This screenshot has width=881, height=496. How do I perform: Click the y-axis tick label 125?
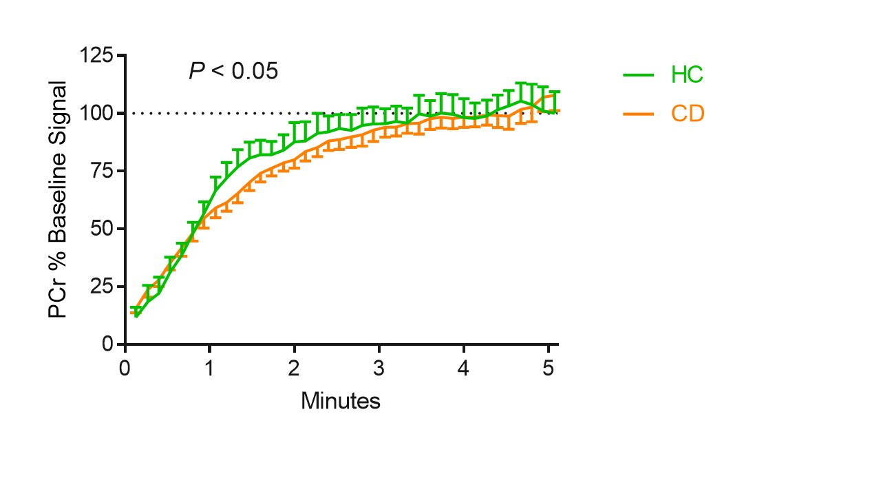98,56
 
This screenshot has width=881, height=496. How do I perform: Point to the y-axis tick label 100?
98,113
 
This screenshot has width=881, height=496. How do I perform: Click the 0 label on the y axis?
108,344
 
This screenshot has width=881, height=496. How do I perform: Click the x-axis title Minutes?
340,400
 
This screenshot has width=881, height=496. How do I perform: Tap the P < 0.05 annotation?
233,71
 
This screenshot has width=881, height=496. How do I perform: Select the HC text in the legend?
687,75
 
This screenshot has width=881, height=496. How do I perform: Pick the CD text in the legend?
688,114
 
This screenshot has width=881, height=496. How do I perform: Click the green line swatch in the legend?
639,75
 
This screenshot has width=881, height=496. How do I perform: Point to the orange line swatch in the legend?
639,114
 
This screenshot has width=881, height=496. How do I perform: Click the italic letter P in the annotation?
195,71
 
